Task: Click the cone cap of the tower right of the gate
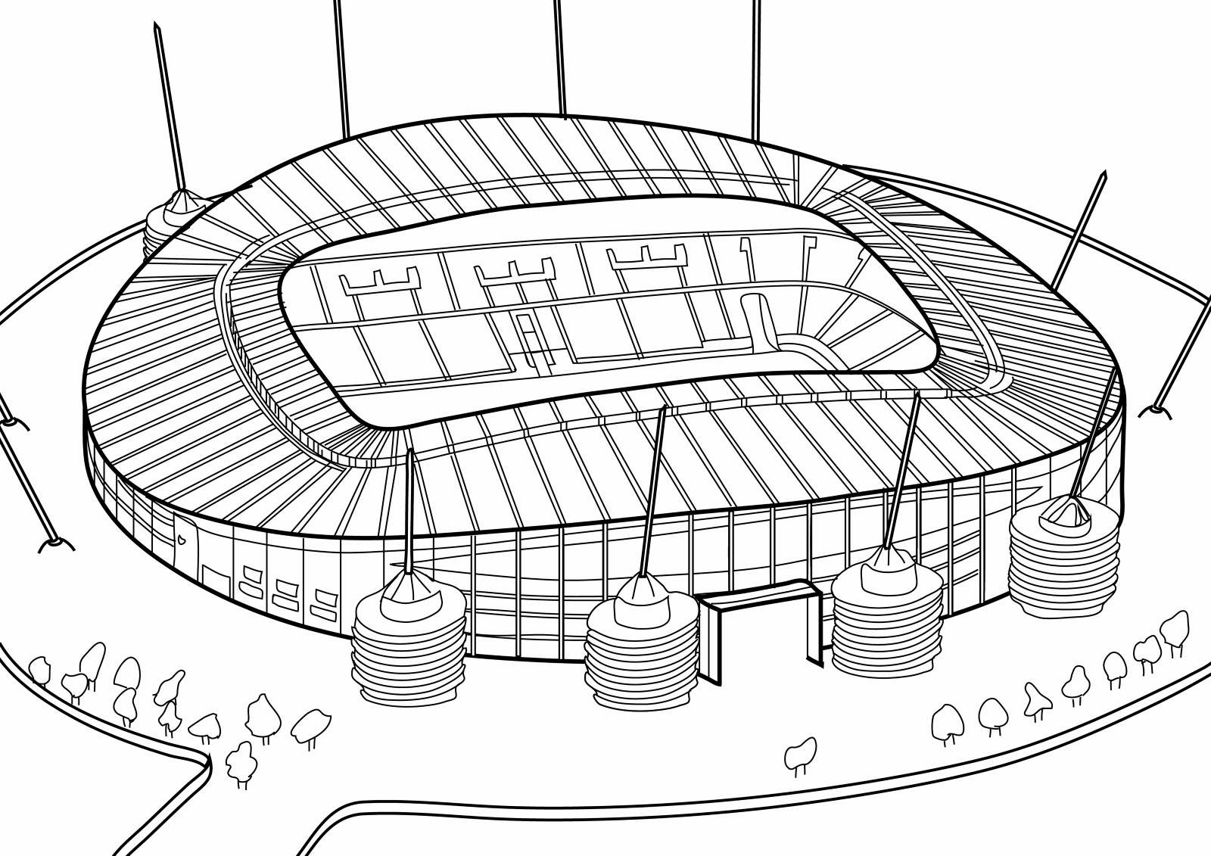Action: [x=886, y=563]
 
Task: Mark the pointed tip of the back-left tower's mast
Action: [x=155, y=26]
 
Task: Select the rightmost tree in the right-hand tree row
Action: [x=1175, y=628]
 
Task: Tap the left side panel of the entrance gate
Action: [x=712, y=640]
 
